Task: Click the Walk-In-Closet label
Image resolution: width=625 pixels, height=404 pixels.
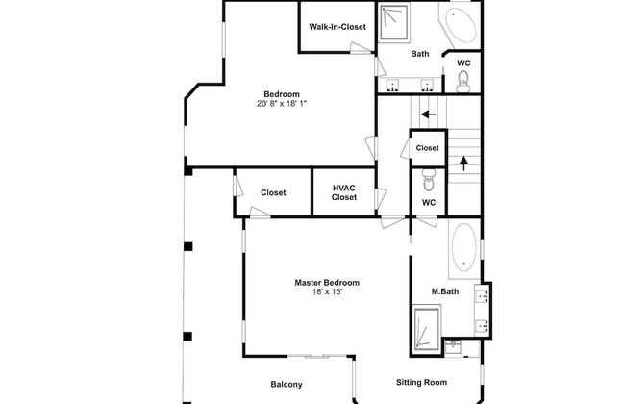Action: (337, 27)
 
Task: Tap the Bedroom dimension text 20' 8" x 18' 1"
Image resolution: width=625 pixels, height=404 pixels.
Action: (282, 104)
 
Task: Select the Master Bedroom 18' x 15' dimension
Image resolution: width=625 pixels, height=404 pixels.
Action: (327, 291)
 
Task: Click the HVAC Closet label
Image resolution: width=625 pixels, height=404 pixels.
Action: (344, 192)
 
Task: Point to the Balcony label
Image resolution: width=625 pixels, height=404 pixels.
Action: (287, 385)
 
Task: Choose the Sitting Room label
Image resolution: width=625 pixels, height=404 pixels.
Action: (421, 382)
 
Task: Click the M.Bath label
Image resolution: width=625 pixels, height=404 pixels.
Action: (445, 291)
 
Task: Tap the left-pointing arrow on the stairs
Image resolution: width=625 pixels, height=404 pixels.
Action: (429, 114)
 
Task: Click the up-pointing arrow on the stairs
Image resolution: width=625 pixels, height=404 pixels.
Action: (463, 164)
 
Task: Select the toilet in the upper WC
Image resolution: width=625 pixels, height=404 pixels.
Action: (463, 82)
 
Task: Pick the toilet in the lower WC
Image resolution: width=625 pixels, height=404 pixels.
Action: (429, 180)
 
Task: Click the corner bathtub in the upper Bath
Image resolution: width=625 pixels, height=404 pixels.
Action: (460, 25)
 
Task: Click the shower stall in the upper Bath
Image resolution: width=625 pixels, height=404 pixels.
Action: (394, 22)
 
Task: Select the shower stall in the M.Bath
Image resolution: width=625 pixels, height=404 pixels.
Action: (427, 329)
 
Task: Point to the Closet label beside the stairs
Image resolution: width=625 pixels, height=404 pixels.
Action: (427, 148)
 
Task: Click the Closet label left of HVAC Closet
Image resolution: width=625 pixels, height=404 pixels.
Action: (273, 192)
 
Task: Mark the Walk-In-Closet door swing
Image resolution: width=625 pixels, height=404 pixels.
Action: (361, 47)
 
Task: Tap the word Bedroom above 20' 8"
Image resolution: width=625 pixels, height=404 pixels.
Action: (282, 94)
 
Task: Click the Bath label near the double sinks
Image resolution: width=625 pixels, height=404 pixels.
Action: (420, 54)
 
